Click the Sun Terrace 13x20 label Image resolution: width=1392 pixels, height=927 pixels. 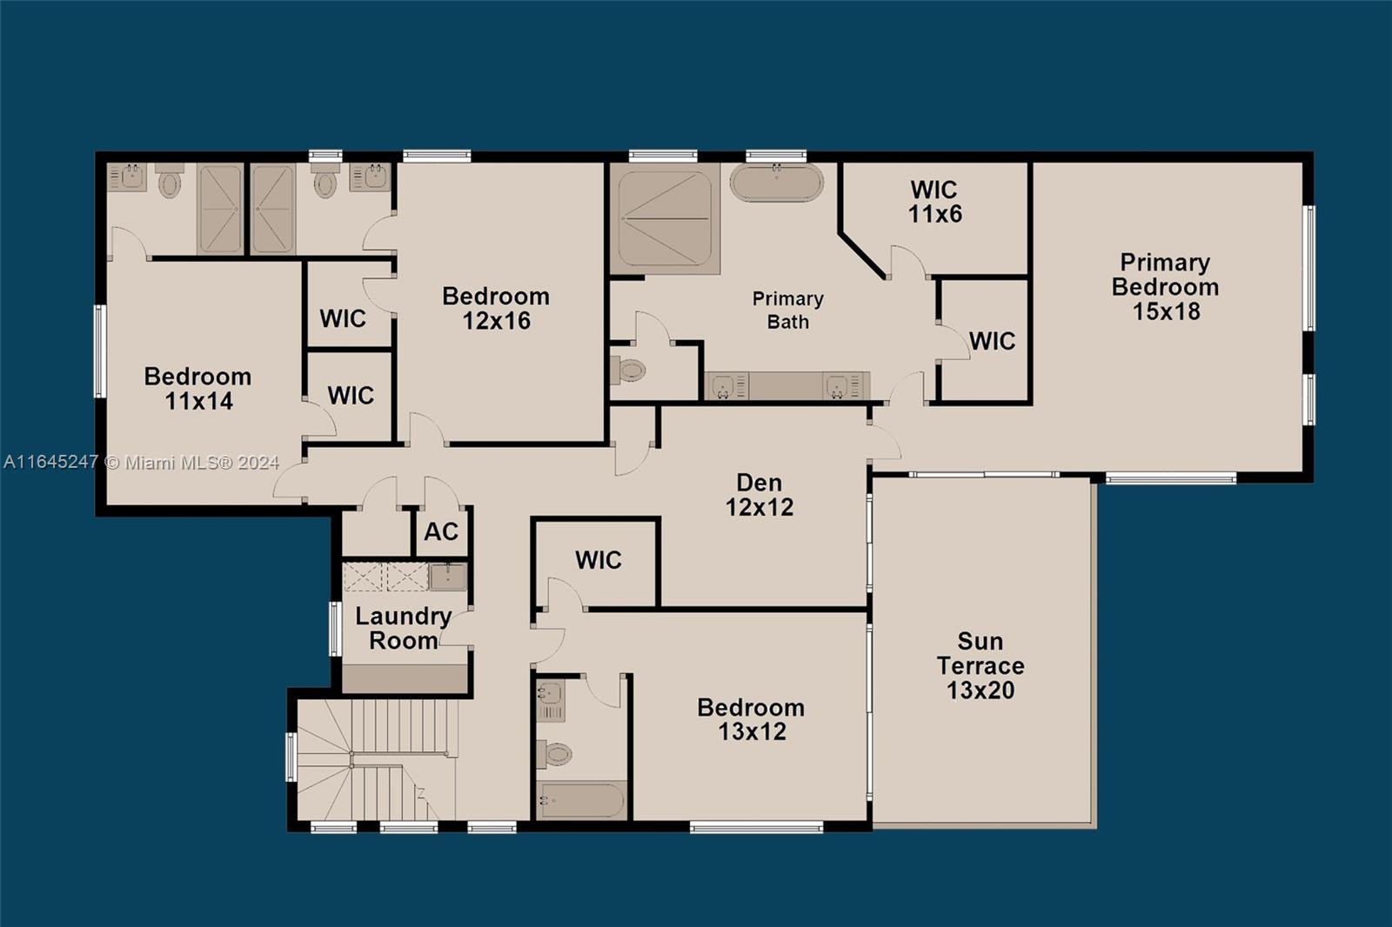pyautogui.click(x=980, y=665)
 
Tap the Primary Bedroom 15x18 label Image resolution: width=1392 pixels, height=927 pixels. pyautogui.click(x=1165, y=286)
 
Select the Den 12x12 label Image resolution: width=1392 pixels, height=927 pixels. pyautogui.click(x=760, y=495)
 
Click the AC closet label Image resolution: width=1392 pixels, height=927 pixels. pyautogui.click(x=441, y=531)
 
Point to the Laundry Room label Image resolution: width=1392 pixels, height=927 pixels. pyautogui.click(x=402, y=628)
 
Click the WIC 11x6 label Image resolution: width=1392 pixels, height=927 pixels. pyautogui.click(x=934, y=202)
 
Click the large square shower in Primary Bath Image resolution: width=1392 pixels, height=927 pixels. pyautogui.click(x=665, y=218)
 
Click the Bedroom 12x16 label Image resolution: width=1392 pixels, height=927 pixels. pyautogui.click(x=496, y=308)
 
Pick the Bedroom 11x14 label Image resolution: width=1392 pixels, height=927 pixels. pyautogui.click(x=198, y=388)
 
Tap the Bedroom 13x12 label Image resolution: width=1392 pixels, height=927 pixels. pyautogui.click(x=751, y=719)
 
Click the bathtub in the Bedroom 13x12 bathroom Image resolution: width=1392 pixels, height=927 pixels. pyautogui.click(x=581, y=800)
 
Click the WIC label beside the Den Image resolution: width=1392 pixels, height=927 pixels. pyautogui.click(x=599, y=560)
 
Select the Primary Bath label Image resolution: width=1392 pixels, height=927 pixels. pyautogui.click(x=787, y=310)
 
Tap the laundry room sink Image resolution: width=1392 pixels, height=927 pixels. pyautogui.click(x=448, y=576)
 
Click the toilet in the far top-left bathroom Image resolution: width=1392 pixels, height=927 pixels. pyautogui.click(x=170, y=183)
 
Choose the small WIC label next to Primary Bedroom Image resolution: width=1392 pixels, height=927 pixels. pyautogui.click(x=992, y=341)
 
